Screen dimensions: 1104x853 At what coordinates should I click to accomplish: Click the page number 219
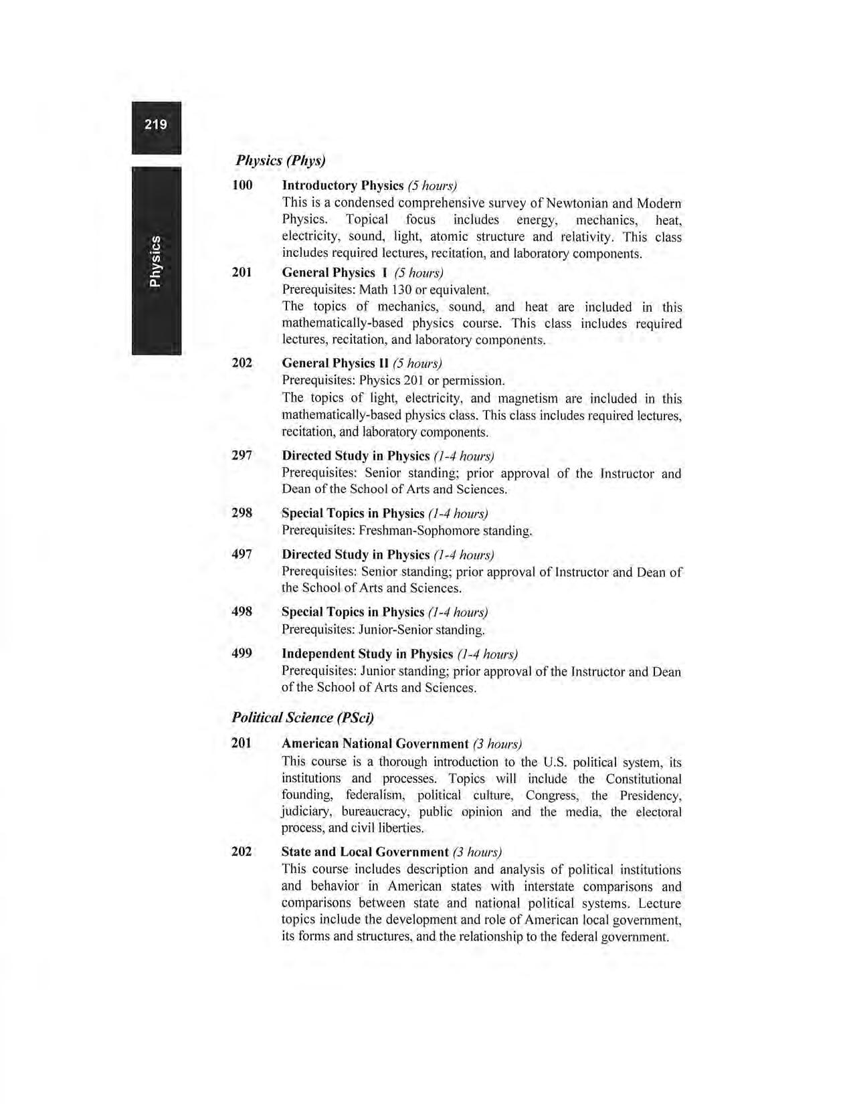pos(155,124)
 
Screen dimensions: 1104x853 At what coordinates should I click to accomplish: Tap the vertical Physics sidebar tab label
pos(155,261)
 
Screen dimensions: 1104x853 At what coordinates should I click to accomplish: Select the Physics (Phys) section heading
pos(280,161)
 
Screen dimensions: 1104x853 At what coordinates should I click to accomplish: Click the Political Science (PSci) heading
pos(302,717)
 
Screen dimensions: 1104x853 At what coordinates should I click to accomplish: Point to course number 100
pos(242,185)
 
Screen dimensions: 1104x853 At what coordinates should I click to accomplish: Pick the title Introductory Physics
pos(343,185)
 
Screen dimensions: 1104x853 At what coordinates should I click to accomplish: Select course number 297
pos(242,455)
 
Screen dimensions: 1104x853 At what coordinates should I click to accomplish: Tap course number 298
pos(242,513)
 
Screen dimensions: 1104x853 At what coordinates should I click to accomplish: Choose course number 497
pos(242,554)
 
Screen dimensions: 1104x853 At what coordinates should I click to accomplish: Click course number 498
pos(242,612)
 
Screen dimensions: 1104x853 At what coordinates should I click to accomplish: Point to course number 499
pos(242,653)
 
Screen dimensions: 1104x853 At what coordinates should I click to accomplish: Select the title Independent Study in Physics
pos(367,654)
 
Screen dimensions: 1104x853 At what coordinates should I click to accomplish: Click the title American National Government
pos(375,743)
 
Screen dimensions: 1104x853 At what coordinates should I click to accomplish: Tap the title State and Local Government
pos(365,852)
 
